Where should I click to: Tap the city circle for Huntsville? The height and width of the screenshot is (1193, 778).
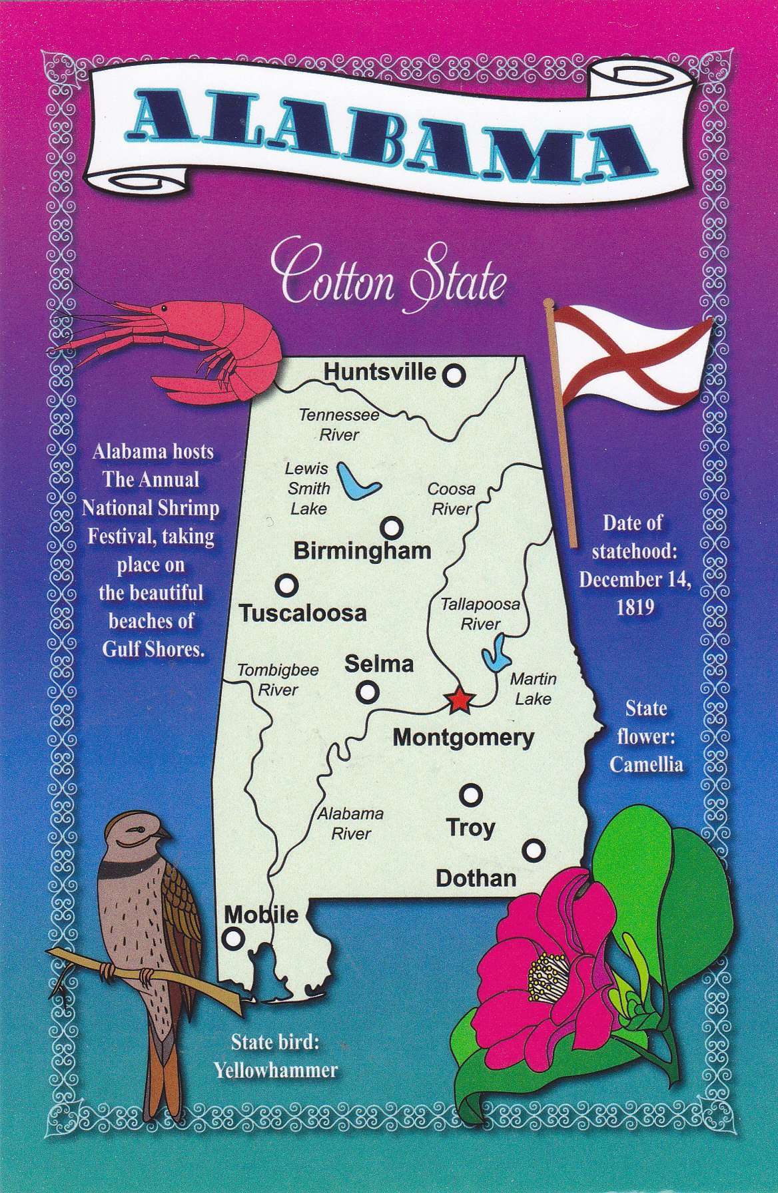(454, 375)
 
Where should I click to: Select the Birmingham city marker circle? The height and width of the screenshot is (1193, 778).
(392, 528)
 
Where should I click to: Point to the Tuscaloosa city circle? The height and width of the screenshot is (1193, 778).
(286, 585)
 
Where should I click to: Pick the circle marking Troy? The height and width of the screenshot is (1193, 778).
(471, 794)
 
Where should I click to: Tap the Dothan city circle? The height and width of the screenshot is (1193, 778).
(534, 850)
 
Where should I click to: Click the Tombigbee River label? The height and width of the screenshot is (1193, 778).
(278, 680)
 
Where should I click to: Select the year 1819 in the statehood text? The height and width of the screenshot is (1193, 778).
(633, 608)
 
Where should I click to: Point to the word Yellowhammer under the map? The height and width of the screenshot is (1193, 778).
(276, 1070)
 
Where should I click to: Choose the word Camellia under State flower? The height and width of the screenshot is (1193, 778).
(646, 764)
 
